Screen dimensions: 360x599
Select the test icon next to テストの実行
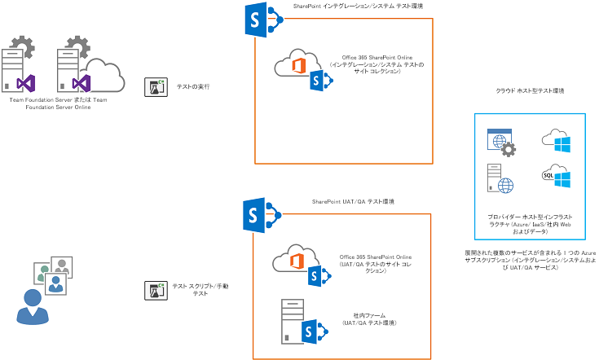click(x=155, y=86)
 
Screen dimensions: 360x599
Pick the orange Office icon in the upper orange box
click(x=300, y=64)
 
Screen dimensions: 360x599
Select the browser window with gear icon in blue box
click(x=499, y=143)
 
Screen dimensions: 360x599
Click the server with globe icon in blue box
click(x=496, y=179)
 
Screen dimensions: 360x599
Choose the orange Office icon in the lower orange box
click(x=299, y=260)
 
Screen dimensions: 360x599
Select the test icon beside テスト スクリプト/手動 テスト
click(x=155, y=290)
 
